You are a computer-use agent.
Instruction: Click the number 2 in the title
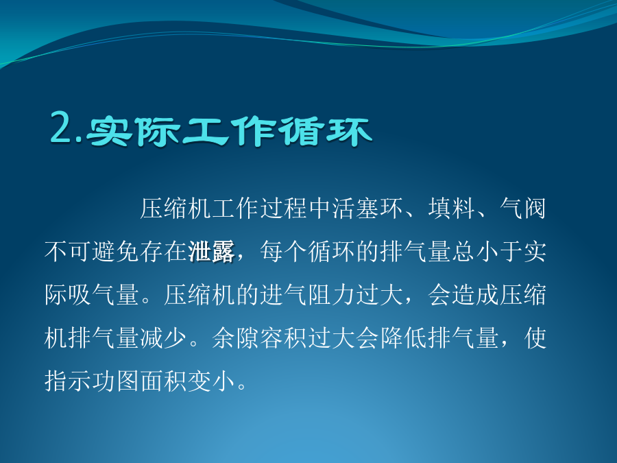click(62, 127)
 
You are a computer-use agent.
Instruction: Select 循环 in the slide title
click(325, 131)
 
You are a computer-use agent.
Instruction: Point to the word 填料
click(452, 209)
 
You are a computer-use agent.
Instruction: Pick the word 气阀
click(523, 209)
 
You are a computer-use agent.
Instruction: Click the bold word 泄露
click(212, 252)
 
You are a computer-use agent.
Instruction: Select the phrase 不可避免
click(92, 252)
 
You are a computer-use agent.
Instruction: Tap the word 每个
click(284, 252)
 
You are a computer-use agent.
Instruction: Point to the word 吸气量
click(104, 294)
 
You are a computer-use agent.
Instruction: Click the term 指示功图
click(92, 381)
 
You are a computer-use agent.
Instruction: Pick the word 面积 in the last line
click(164, 381)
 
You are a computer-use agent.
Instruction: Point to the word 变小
click(212, 381)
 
